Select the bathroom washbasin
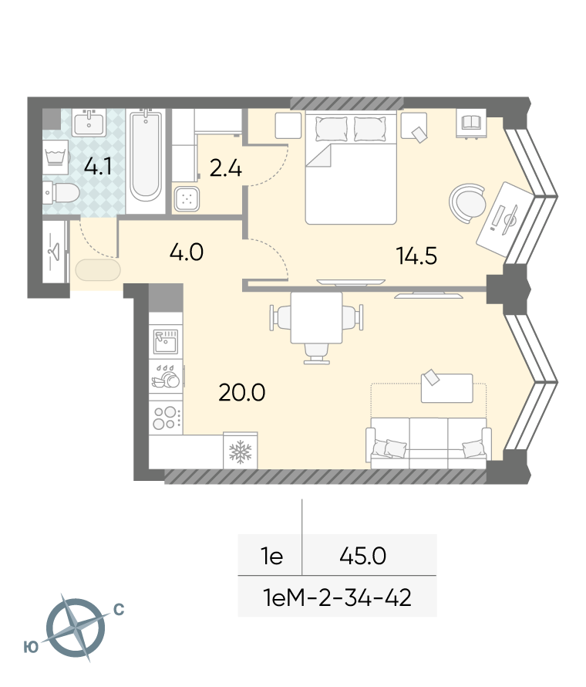coord(89,123)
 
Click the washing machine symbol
coord(56,157)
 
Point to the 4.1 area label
coord(98,167)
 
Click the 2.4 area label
coord(225,169)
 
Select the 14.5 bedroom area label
coord(416,256)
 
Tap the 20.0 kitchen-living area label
coord(242,392)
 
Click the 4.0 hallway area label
coord(187,252)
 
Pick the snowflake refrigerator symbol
coord(241,452)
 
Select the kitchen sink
coord(166,341)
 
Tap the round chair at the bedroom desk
coord(467,203)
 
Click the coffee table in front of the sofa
coord(447,387)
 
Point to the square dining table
coord(316,318)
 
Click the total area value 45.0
coord(363,556)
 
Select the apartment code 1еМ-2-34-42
coord(337,597)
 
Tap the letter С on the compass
coord(119,609)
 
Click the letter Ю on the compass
coord(31,647)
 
